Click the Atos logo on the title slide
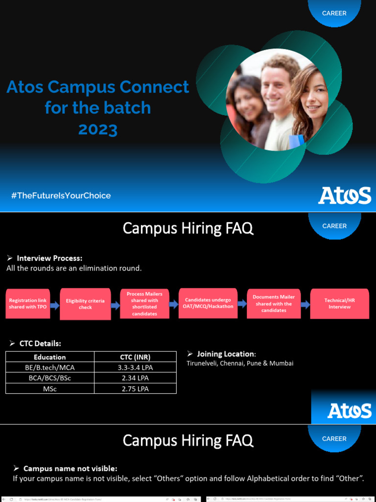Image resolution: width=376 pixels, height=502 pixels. pos(345,195)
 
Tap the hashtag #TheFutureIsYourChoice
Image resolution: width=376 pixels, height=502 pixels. pos(61,196)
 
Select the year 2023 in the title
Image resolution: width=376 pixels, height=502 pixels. pos(98,129)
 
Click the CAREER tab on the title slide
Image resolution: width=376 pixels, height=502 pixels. pos(334,13)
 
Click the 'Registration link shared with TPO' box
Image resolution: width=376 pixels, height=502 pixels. pos(28,304)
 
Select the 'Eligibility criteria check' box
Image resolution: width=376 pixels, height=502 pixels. pos(85,304)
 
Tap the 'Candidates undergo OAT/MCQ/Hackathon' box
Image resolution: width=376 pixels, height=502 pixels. pos(208,303)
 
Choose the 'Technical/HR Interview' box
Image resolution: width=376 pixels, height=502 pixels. pos(339,303)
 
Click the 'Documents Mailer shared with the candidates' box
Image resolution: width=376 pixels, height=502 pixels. pos(274,303)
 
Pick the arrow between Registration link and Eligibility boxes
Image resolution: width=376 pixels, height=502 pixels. pos(55,305)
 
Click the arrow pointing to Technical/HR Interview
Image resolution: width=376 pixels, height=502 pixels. pos(305,304)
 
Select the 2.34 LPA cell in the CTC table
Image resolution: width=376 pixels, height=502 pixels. pos(135,378)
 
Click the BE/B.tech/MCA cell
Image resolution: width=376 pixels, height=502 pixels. pos(49,367)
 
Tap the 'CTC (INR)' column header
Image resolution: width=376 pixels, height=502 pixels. pos(135,357)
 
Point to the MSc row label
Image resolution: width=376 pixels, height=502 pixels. pos(49,389)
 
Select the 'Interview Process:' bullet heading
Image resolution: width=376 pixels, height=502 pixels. pos(49,258)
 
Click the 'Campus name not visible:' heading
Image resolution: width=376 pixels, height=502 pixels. pos(70,469)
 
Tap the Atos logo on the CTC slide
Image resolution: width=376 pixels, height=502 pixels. pos(349,411)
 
